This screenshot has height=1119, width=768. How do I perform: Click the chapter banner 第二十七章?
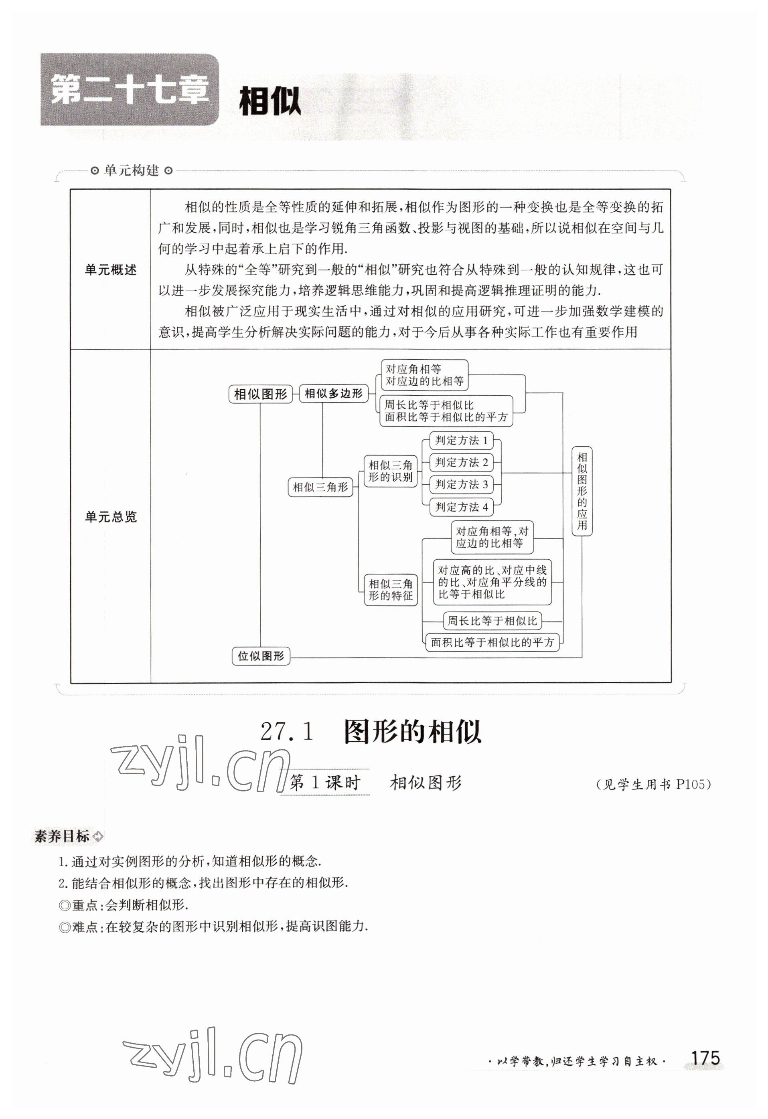pyautogui.click(x=130, y=90)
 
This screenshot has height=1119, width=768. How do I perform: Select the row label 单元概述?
pyautogui.click(x=111, y=270)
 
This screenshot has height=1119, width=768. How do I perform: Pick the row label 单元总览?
pyautogui.click(x=111, y=517)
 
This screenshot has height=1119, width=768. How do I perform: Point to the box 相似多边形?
pyautogui.click(x=333, y=393)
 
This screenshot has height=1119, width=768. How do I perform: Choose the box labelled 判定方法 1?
pyautogui.click(x=461, y=440)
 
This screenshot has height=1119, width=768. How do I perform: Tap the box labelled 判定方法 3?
pyautogui.click(x=461, y=484)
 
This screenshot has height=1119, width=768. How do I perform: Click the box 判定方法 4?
pyautogui.click(x=461, y=507)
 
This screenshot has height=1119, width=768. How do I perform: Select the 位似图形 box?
pyautogui.click(x=261, y=656)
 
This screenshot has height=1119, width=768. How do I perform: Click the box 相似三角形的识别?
pyautogui.click(x=391, y=471)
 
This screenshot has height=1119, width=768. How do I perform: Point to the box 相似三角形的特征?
pyautogui.click(x=391, y=590)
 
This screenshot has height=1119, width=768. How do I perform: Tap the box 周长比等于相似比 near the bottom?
pyautogui.click(x=492, y=621)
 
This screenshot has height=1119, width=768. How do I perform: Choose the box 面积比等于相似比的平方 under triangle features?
pyautogui.click(x=492, y=642)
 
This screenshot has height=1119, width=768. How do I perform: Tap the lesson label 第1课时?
pyautogui.click(x=324, y=783)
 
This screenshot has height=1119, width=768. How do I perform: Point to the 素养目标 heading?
pyautogui.click(x=63, y=836)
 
